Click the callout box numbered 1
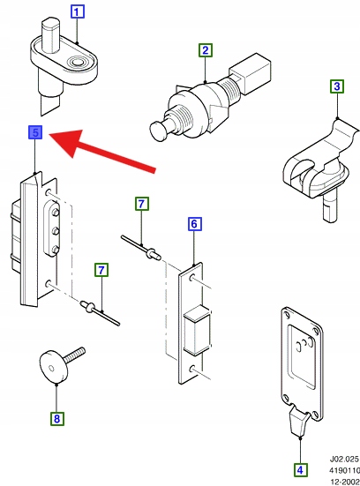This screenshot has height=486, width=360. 78,11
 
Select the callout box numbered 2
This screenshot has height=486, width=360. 206,50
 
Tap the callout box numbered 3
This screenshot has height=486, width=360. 337,86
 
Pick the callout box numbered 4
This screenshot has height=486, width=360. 300,470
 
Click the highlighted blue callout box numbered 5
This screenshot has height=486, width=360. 35,132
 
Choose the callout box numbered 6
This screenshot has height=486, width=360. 194,224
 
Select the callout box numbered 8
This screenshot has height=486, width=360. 57,419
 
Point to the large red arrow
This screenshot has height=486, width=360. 102,149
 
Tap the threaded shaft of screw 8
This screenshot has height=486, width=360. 74,355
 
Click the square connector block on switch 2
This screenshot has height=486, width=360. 251,73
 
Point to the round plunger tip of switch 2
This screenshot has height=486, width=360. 160,131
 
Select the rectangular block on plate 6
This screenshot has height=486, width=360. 197,330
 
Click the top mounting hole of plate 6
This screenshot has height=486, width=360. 192,278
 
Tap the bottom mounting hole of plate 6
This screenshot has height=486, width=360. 192,369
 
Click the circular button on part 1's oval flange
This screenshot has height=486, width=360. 76,62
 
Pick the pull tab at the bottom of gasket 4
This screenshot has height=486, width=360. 299,422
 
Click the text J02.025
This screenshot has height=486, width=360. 344,459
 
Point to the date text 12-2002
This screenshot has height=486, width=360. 345,482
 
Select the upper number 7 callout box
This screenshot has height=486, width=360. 142,204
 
